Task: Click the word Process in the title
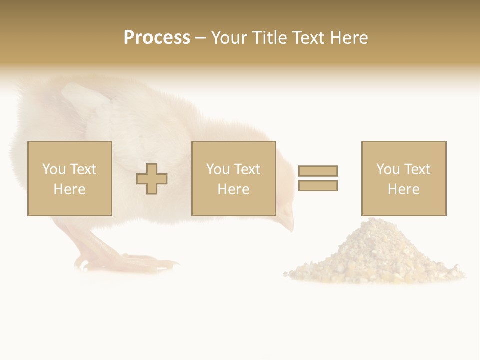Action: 157,38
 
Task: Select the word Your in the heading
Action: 229,38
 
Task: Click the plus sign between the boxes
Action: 152,179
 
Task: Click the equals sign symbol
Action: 318,178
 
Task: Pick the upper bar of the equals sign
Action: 318,171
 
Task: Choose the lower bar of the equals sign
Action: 318,185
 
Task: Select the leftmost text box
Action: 70,178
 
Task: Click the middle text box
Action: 234,178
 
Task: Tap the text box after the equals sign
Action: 404,178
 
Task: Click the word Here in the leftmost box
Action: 69,189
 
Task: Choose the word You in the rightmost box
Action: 388,169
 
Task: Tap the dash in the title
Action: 201,38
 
